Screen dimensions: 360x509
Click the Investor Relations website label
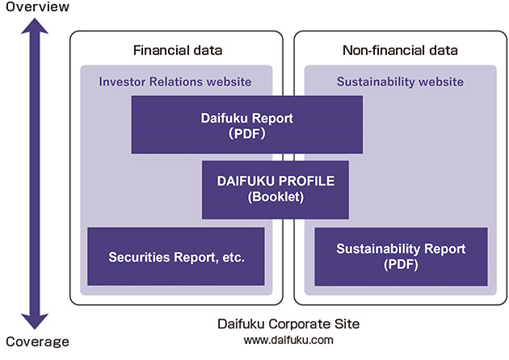[175, 82]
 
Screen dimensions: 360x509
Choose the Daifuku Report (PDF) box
[246, 125]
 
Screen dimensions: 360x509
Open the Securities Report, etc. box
[176, 257]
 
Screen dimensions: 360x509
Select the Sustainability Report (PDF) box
[401, 256]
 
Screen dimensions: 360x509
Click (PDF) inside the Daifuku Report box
[246, 133]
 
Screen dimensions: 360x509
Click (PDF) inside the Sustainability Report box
[401, 264]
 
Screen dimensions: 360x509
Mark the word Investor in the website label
[121, 82]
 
